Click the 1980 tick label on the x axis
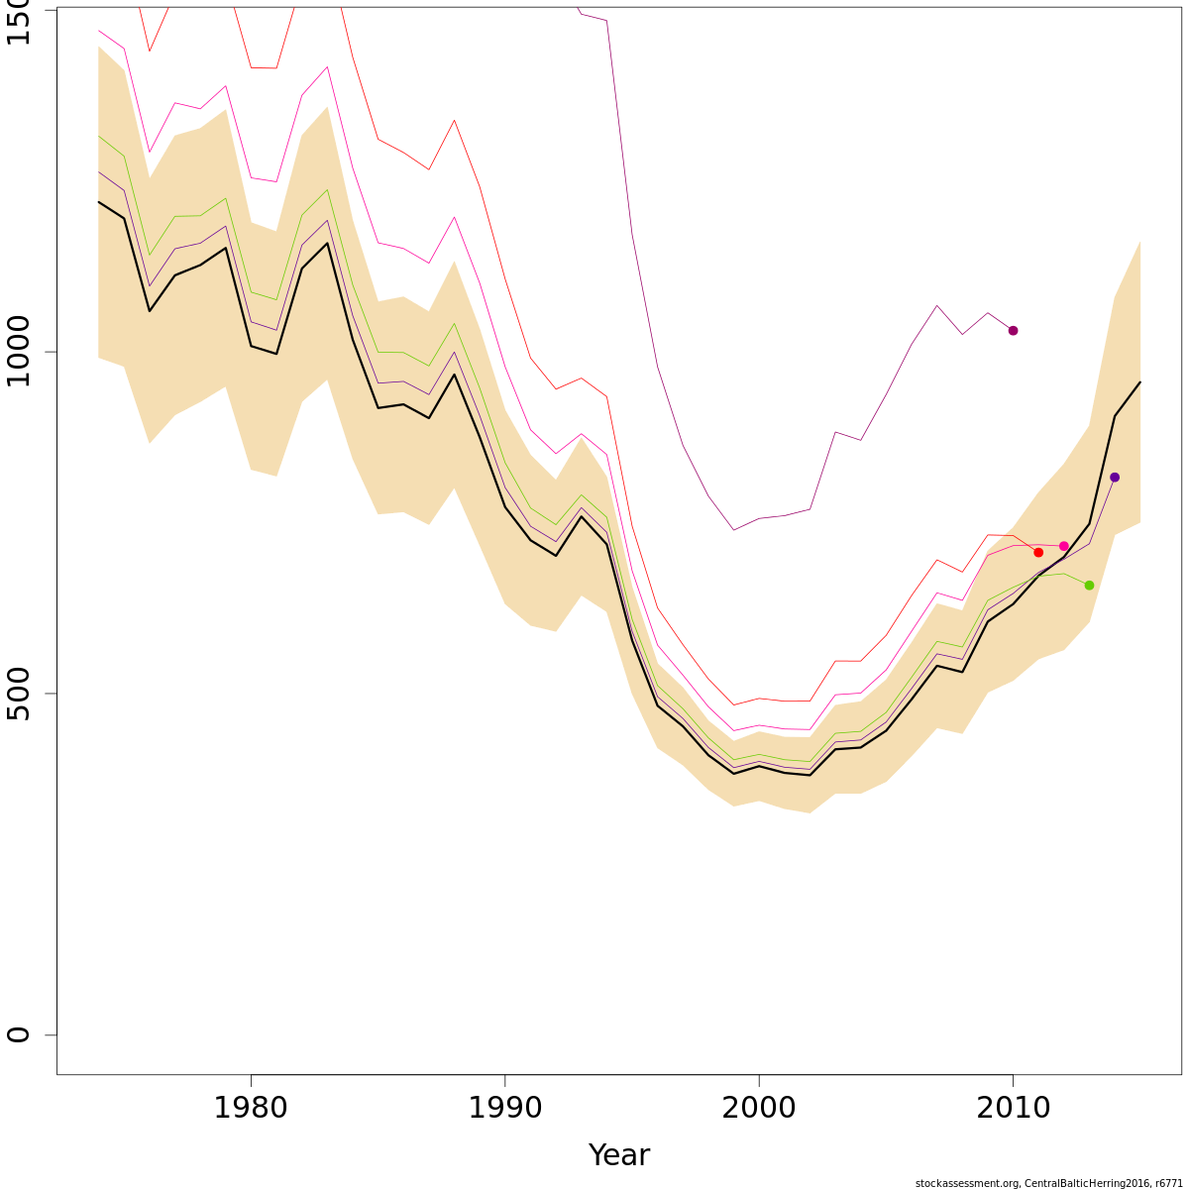point(252,1108)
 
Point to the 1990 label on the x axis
point(505,1108)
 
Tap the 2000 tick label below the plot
point(759,1108)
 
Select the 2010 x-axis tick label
point(1013,1108)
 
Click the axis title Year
point(618,1155)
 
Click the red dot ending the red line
point(1038,552)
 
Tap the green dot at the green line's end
point(1089,586)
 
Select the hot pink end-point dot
point(1064,546)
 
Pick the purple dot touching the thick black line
point(1115,478)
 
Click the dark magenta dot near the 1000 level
point(1013,331)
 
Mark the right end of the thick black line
point(1139,382)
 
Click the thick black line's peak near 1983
point(327,243)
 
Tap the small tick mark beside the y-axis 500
point(51,694)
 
